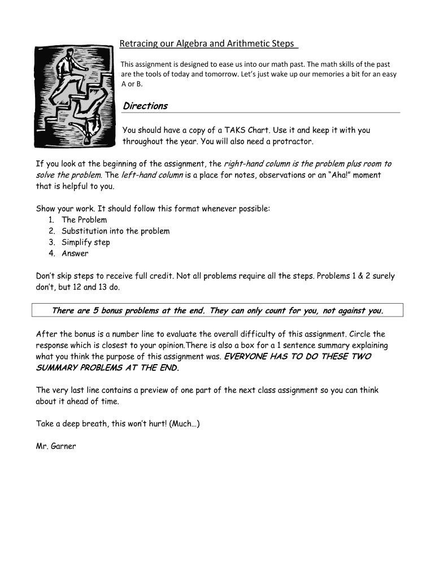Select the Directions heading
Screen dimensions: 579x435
(x=145, y=106)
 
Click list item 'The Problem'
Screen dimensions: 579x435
(x=84, y=219)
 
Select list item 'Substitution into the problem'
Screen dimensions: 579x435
(x=115, y=231)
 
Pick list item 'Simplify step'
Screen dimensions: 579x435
(x=86, y=242)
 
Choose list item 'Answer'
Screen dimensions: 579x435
(x=75, y=253)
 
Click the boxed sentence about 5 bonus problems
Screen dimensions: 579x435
(x=217, y=310)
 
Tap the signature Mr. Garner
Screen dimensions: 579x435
(x=56, y=446)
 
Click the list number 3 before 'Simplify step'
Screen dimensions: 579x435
(x=51, y=242)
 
